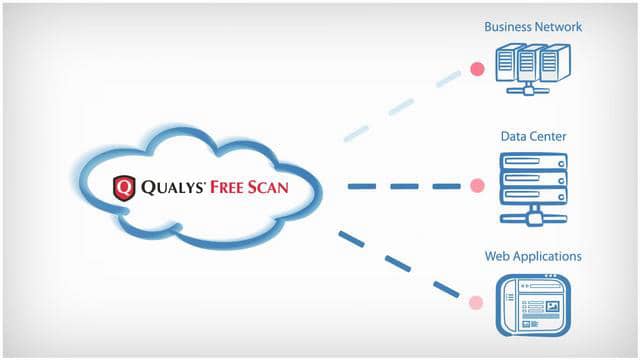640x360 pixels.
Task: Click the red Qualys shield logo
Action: coord(124,187)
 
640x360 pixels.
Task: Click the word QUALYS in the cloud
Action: coord(177,187)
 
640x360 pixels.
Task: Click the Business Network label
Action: coord(532,27)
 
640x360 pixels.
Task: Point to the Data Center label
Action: coord(533,136)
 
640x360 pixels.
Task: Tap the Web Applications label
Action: coord(533,257)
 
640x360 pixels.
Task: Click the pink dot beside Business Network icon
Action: coord(477,70)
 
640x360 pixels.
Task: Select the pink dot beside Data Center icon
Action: coord(477,185)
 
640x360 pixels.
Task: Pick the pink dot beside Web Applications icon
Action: coord(478,300)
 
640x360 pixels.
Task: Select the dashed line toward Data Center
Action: coord(405,186)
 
